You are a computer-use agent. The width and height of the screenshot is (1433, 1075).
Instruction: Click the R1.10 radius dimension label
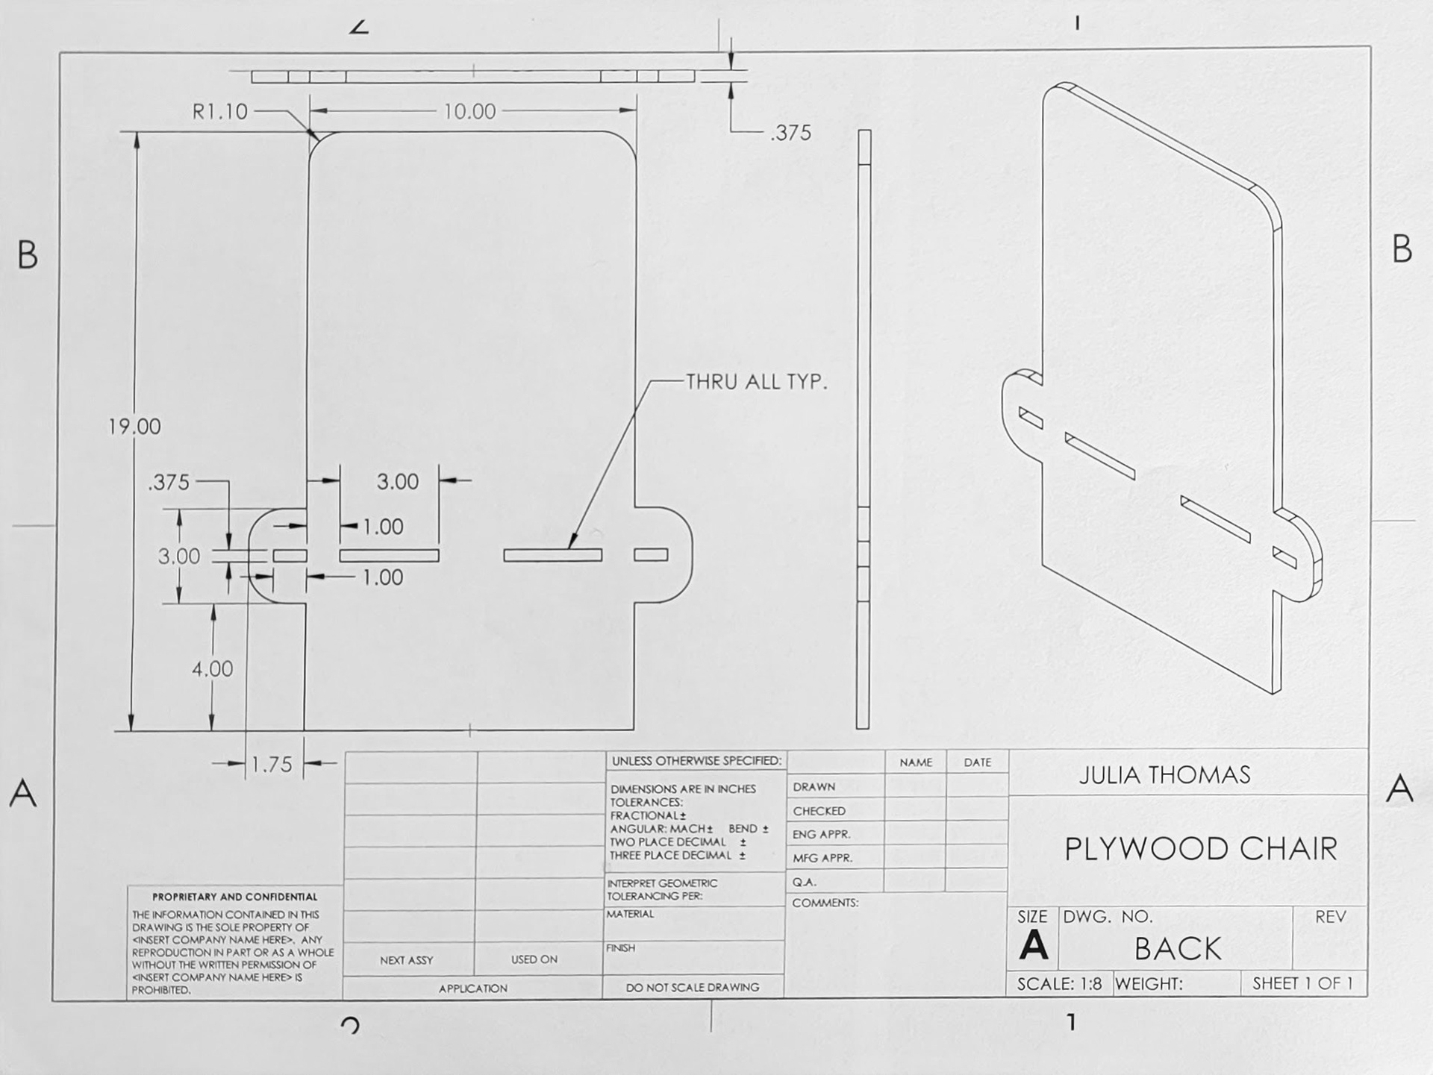click(219, 112)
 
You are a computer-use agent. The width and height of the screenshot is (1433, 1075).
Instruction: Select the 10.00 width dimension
click(469, 112)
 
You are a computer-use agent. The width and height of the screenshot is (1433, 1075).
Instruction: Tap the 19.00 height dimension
click(134, 427)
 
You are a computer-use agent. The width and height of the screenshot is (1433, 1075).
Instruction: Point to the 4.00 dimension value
click(212, 669)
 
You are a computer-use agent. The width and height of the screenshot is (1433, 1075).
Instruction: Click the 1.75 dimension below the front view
click(272, 765)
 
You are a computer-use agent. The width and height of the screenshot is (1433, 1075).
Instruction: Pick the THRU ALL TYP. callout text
click(756, 382)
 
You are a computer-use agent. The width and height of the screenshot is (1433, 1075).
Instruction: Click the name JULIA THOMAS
click(1164, 775)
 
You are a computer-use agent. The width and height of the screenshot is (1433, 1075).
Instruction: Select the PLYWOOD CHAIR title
click(1200, 849)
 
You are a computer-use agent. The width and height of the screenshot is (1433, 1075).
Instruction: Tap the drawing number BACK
click(1178, 949)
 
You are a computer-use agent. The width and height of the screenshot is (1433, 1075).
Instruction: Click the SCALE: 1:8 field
click(1059, 984)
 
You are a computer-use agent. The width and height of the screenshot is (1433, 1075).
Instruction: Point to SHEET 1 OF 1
click(1302, 984)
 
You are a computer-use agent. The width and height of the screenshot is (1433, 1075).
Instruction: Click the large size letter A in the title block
click(1034, 946)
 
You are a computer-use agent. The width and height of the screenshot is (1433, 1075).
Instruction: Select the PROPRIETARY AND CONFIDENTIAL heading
click(234, 897)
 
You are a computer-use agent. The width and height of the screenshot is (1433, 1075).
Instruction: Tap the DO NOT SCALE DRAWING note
click(692, 987)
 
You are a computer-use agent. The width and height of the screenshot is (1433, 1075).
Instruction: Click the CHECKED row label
click(819, 811)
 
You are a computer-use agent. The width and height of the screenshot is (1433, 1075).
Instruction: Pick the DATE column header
click(977, 762)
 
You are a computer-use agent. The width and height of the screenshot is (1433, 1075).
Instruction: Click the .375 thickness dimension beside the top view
click(790, 133)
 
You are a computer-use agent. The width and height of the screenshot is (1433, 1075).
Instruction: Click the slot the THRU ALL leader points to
click(552, 555)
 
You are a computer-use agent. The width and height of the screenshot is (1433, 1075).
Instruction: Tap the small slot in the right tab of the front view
click(651, 554)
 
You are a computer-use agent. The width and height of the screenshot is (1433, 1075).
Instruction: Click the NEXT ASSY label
click(406, 960)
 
